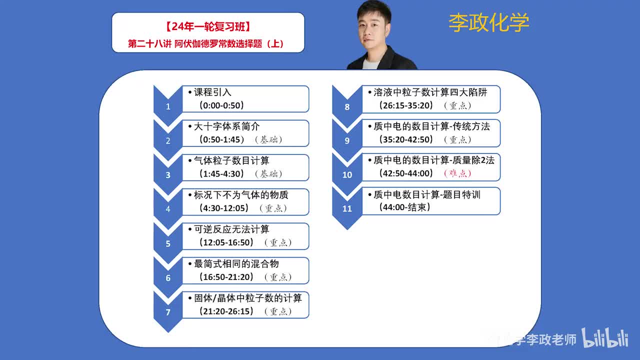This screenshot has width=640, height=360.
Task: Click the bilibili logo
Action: point(604,338)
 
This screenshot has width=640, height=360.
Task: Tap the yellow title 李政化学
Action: point(488,22)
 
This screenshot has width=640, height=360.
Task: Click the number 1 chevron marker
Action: point(168,106)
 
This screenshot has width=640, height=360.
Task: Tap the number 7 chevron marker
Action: point(168,312)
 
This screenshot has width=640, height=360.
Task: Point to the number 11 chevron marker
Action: point(347,208)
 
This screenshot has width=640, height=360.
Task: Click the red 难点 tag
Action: point(457,173)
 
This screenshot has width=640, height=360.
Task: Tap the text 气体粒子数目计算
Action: point(231,160)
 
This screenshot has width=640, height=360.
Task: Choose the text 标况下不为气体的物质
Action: point(241,195)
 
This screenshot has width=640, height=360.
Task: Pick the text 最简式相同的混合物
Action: point(236,263)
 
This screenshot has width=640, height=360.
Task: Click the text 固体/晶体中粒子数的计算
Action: point(248,298)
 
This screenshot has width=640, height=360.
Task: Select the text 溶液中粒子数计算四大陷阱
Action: point(430,92)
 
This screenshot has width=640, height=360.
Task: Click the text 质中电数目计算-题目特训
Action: point(426,195)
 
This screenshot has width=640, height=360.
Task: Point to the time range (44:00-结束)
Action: point(405,207)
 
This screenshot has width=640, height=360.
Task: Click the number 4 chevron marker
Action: point(168,209)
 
